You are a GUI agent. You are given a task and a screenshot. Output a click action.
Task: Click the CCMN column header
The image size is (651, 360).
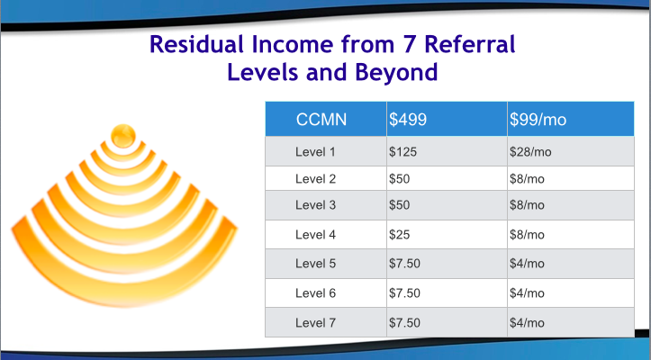[x=321, y=120]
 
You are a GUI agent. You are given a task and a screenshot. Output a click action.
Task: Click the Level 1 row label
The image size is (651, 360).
[x=315, y=152]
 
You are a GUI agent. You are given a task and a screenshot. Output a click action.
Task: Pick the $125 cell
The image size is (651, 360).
[x=402, y=152]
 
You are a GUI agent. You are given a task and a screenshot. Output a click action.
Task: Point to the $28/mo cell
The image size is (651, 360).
[x=530, y=152]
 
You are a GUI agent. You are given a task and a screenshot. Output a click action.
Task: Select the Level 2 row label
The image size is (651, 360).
[x=315, y=179]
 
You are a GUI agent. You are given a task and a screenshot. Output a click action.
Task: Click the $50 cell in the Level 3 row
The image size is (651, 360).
[x=399, y=205]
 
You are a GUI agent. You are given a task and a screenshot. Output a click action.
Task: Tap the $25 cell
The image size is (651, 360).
[x=399, y=235]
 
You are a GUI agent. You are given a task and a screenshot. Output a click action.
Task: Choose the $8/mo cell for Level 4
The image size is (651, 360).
[x=527, y=235]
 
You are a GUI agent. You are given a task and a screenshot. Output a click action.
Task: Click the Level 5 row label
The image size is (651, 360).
[x=315, y=264]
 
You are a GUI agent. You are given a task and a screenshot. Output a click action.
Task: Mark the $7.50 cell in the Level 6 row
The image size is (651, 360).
[x=404, y=293]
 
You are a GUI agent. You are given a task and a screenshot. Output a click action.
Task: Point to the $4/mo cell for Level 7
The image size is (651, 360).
[x=527, y=322]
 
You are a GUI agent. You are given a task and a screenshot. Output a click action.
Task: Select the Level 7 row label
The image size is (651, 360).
[x=315, y=322]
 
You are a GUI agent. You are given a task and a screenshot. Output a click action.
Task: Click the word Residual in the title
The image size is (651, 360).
[x=196, y=44]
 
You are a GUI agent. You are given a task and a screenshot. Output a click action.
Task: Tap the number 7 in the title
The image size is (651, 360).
[x=410, y=44]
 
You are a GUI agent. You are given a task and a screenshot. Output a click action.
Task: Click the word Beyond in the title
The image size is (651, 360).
[x=396, y=72]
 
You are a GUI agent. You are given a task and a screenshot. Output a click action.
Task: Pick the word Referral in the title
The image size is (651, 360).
[x=470, y=44]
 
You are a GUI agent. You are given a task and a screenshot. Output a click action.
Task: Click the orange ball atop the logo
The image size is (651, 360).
[x=123, y=136]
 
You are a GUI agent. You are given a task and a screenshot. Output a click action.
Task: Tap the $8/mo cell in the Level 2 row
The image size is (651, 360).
[x=527, y=179]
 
